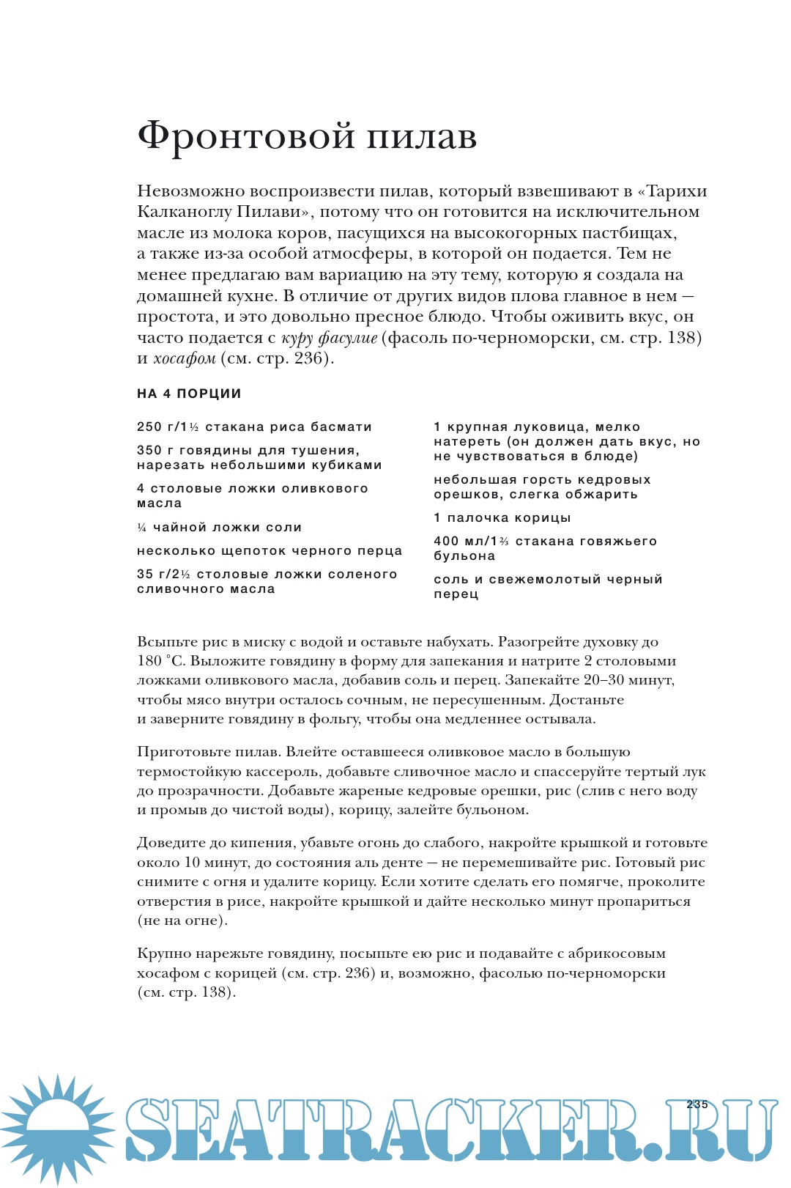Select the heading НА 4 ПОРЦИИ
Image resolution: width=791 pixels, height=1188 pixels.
coord(189,394)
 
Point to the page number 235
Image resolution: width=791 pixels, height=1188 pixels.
coord(697,1104)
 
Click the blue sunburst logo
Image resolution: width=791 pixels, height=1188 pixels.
coord(57,1129)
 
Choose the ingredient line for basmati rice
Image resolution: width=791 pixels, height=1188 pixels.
coord(254,427)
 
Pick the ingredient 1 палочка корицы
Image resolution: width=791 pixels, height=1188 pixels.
coord(502,518)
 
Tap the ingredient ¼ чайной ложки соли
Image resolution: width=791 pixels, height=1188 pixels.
coord(219,528)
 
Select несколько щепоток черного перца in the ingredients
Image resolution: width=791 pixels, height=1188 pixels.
coord(269,551)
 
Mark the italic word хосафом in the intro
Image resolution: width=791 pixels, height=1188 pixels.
coord(184,359)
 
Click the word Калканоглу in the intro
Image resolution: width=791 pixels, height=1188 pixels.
coord(183,213)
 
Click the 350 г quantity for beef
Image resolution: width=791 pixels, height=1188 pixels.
coord(153,451)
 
